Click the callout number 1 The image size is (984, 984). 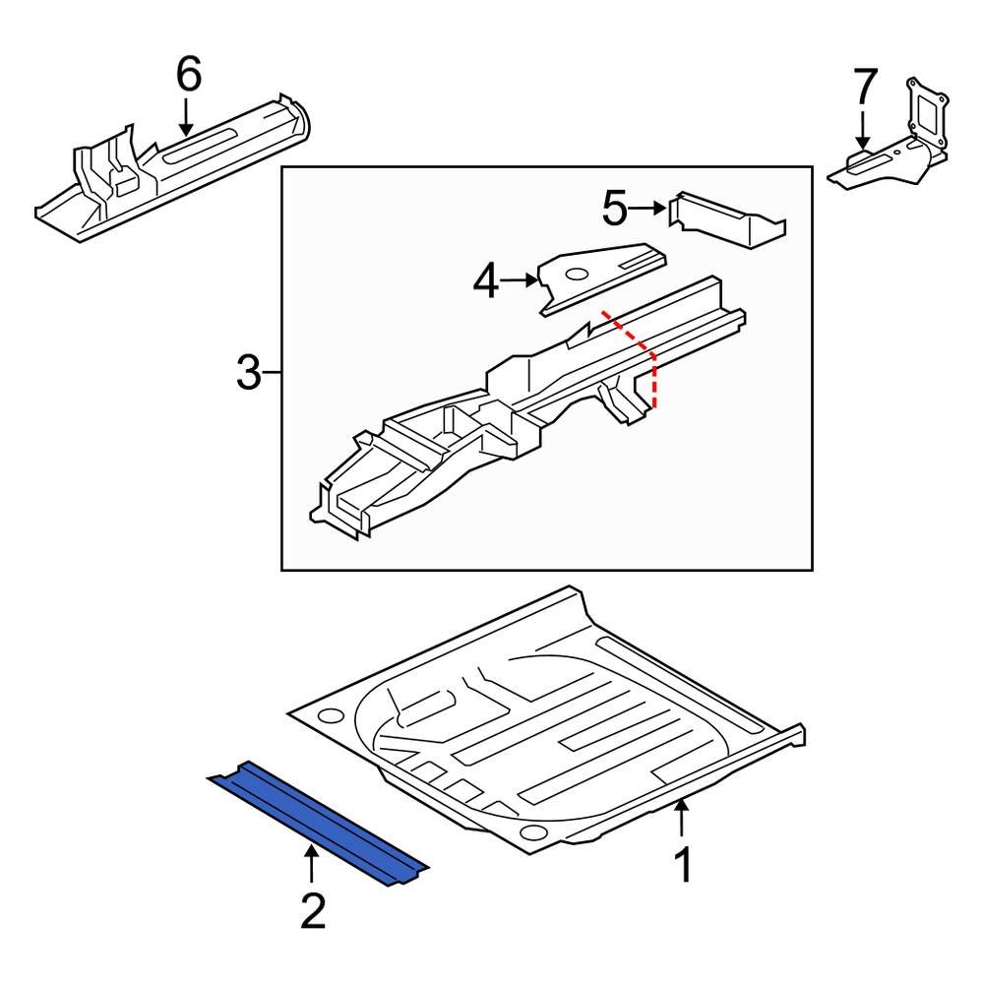click(682, 866)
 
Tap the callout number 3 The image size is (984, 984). click(250, 373)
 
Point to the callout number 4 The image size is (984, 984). click(485, 282)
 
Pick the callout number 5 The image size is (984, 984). click(614, 208)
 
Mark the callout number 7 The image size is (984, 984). click(863, 89)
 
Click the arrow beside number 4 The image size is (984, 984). click(520, 281)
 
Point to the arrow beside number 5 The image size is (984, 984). click(648, 208)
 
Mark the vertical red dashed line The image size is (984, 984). click(654, 383)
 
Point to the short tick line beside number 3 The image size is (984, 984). click(275, 373)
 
